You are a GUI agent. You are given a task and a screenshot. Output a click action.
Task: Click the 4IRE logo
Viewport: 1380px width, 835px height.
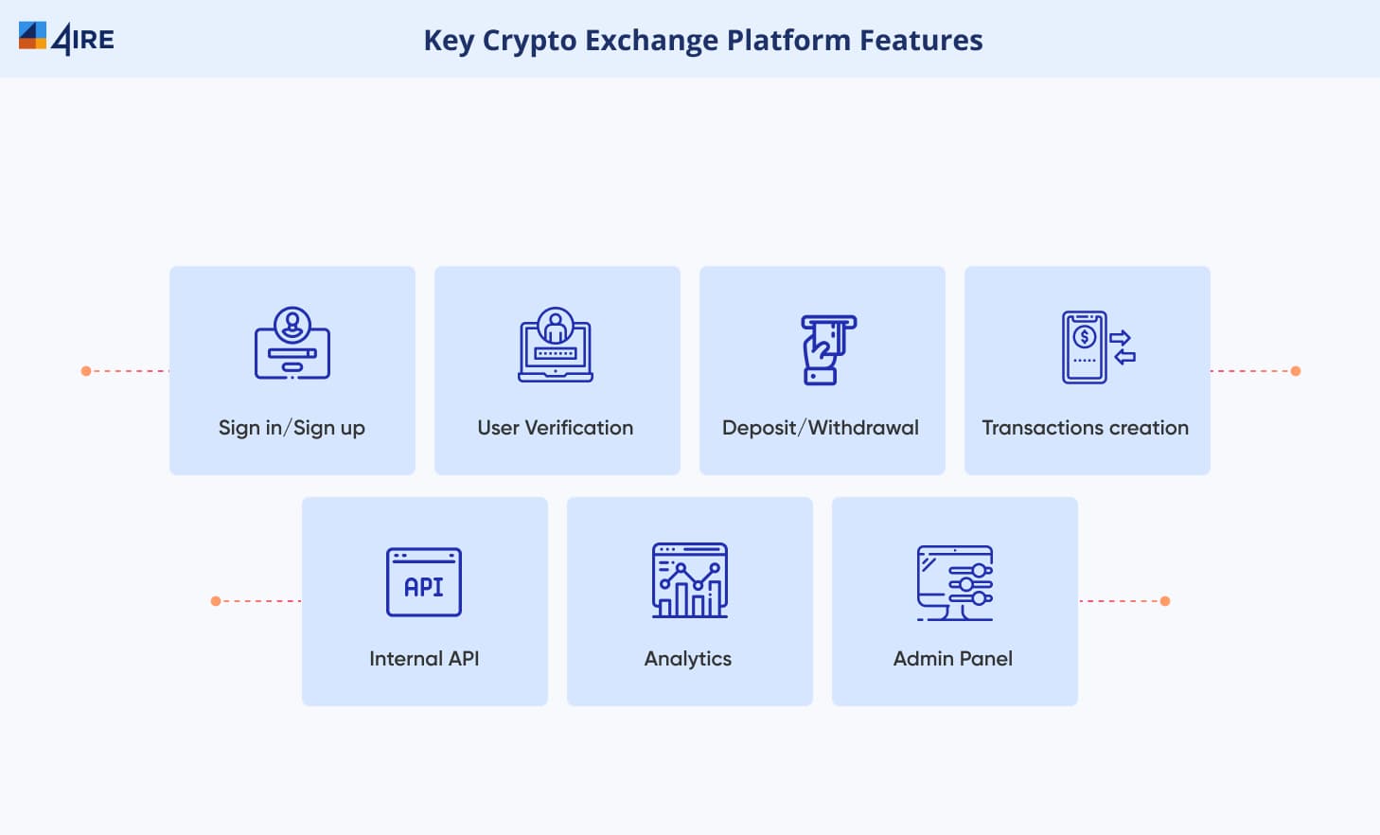(66, 39)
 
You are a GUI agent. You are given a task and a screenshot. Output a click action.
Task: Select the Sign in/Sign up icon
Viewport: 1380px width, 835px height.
(292, 344)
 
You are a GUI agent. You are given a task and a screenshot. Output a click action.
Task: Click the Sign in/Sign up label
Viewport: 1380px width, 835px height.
(292, 428)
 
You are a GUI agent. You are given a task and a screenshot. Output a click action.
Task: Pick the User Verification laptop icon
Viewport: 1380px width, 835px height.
(555, 345)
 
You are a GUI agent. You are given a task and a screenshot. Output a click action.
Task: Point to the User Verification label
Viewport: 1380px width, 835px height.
(555, 427)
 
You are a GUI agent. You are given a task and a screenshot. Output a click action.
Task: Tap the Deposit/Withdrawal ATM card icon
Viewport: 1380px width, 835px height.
(828, 349)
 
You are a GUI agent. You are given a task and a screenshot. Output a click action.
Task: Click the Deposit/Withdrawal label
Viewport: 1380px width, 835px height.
(820, 427)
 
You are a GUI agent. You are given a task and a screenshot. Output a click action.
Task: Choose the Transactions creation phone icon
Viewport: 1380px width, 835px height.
(1099, 346)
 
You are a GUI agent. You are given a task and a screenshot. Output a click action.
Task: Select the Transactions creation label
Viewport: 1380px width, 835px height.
(1085, 427)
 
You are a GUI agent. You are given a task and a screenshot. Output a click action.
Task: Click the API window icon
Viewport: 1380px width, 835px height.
(424, 581)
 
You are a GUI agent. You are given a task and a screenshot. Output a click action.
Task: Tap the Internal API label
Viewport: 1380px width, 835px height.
(424, 658)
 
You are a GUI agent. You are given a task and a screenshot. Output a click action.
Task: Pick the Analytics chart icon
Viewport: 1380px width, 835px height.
(689, 580)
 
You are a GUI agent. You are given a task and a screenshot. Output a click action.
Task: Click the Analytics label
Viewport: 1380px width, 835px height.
(687, 659)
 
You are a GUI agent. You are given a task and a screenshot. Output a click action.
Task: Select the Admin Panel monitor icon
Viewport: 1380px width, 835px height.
(954, 582)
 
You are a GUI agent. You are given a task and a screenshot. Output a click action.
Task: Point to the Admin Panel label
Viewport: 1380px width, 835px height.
(952, 658)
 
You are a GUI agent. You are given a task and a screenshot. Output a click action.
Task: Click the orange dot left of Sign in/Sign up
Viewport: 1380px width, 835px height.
(86, 371)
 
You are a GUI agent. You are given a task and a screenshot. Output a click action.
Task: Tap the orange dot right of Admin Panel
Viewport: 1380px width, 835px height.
(1165, 601)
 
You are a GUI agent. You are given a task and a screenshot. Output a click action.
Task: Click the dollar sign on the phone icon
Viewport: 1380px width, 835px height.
(1085, 337)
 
